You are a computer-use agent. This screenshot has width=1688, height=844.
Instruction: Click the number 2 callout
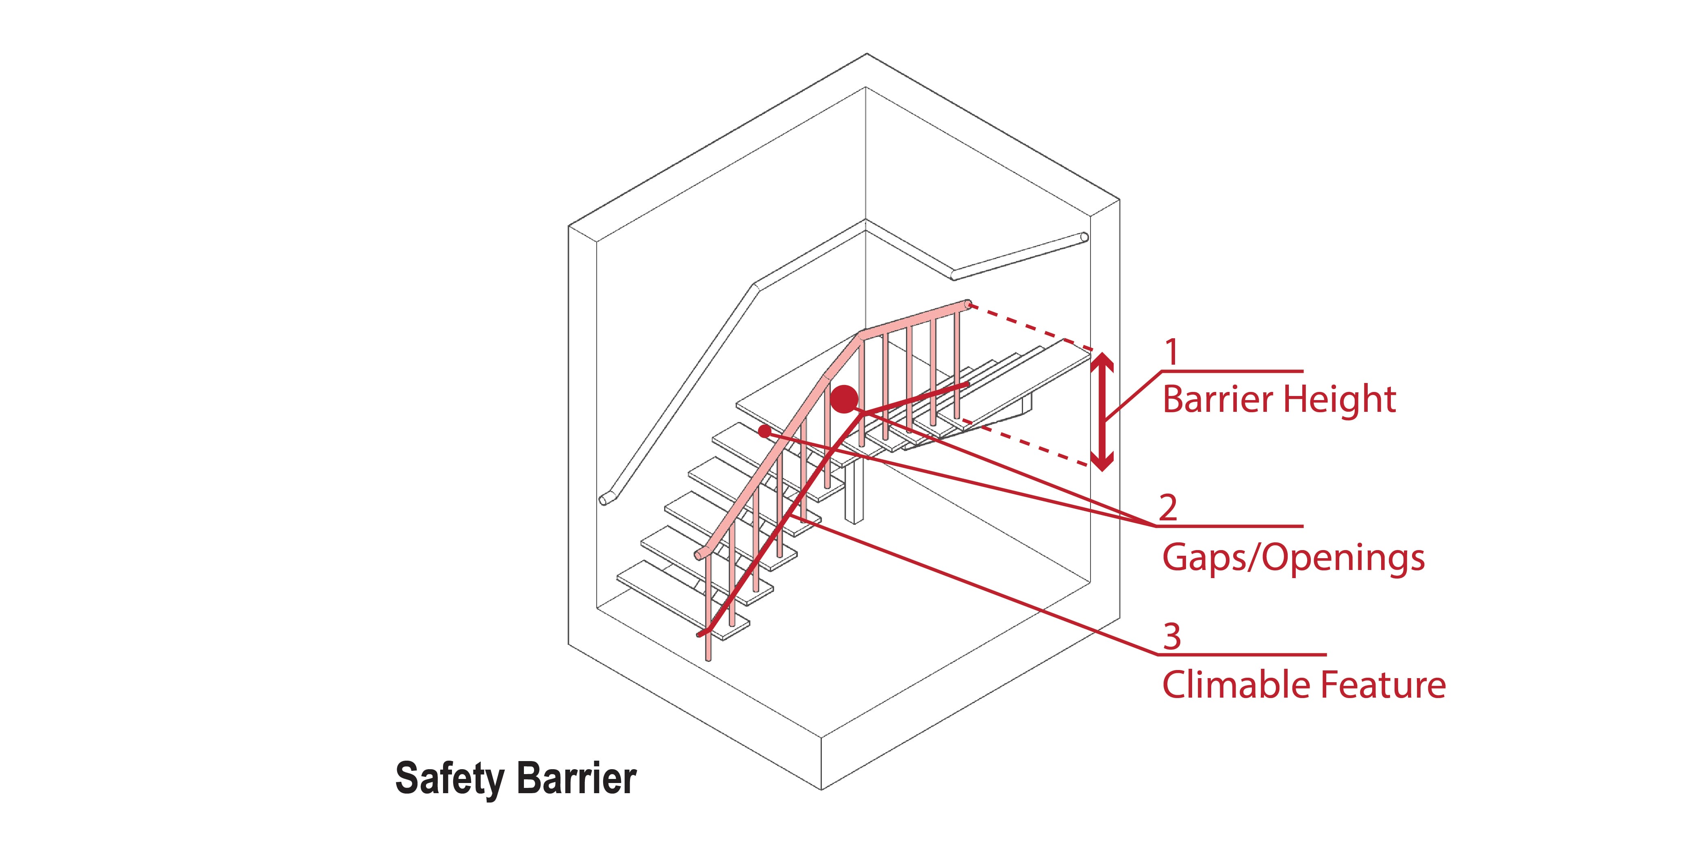[x=1168, y=507]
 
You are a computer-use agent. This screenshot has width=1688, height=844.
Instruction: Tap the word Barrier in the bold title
[x=577, y=779]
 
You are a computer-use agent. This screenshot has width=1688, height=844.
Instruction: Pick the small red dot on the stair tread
[x=764, y=431]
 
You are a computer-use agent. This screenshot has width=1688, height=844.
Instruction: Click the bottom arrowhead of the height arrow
[x=1103, y=464]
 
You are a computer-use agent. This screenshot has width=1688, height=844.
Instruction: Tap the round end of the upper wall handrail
[x=1084, y=237]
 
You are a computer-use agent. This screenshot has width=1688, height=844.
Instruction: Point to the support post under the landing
[x=854, y=492]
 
